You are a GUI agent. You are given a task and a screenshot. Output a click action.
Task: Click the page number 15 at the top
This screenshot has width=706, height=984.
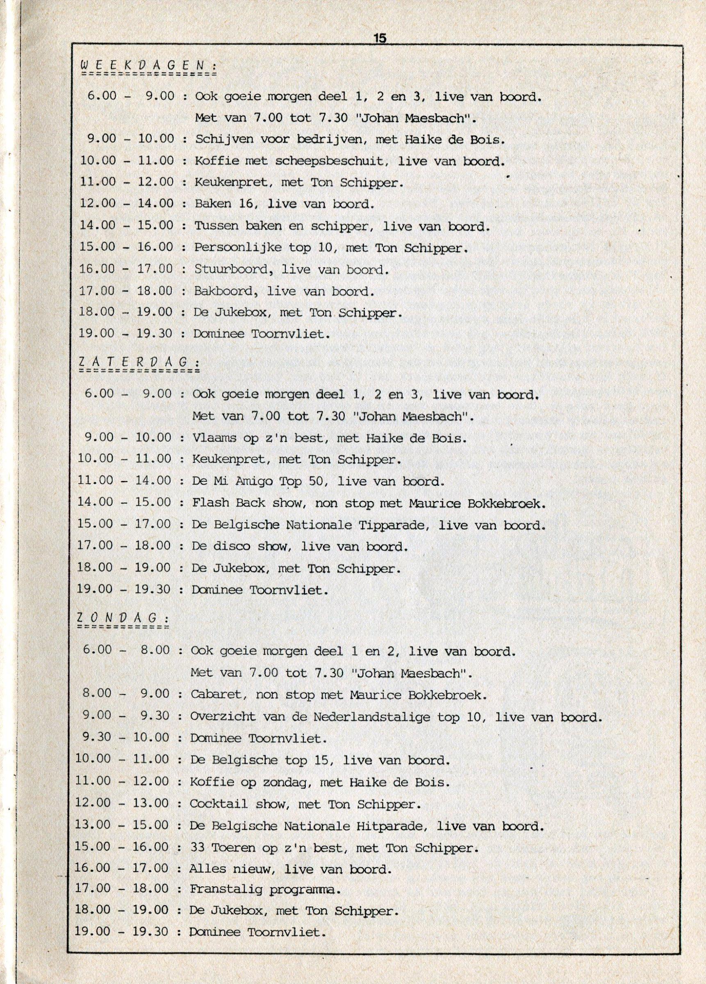tap(380, 38)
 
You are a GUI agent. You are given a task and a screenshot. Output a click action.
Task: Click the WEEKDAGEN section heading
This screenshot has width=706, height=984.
tap(149, 66)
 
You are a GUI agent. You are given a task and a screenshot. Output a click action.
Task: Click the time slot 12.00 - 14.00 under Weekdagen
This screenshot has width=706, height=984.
tap(127, 204)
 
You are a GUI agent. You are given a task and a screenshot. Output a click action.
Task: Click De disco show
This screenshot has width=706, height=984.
tap(240, 547)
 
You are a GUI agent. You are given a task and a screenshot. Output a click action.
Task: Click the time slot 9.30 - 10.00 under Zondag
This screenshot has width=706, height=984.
tap(122, 738)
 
